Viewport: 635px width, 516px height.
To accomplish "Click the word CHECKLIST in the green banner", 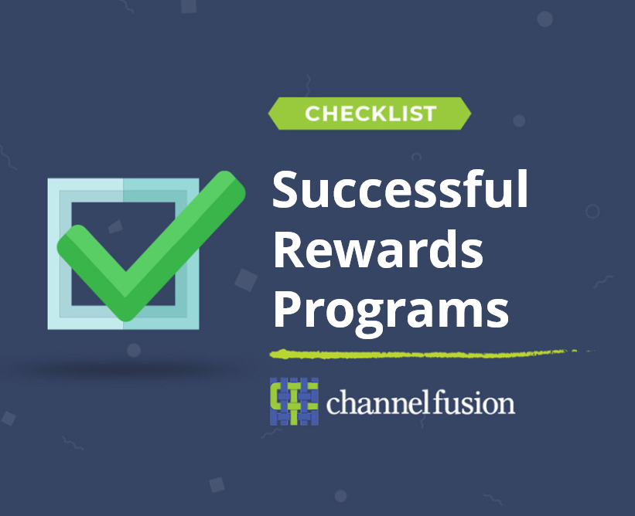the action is pyautogui.click(x=370, y=114).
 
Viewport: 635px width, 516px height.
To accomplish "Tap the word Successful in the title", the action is pyautogui.click(x=400, y=189).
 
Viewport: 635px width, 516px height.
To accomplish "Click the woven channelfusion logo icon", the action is pyautogui.click(x=294, y=401).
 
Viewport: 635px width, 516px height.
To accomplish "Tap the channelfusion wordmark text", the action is pyautogui.click(x=420, y=402).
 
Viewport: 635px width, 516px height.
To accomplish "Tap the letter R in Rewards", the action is pyautogui.click(x=288, y=250).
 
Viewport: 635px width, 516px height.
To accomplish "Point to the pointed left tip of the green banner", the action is pyautogui.click(x=268, y=114).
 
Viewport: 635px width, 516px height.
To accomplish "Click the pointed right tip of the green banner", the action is pyautogui.click(x=471, y=114).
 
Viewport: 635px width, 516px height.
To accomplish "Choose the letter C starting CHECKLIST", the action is pyautogui.click(x=313, y=114).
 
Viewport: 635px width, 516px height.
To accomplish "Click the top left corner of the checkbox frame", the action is pyautogui.click(x=48, y=178).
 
